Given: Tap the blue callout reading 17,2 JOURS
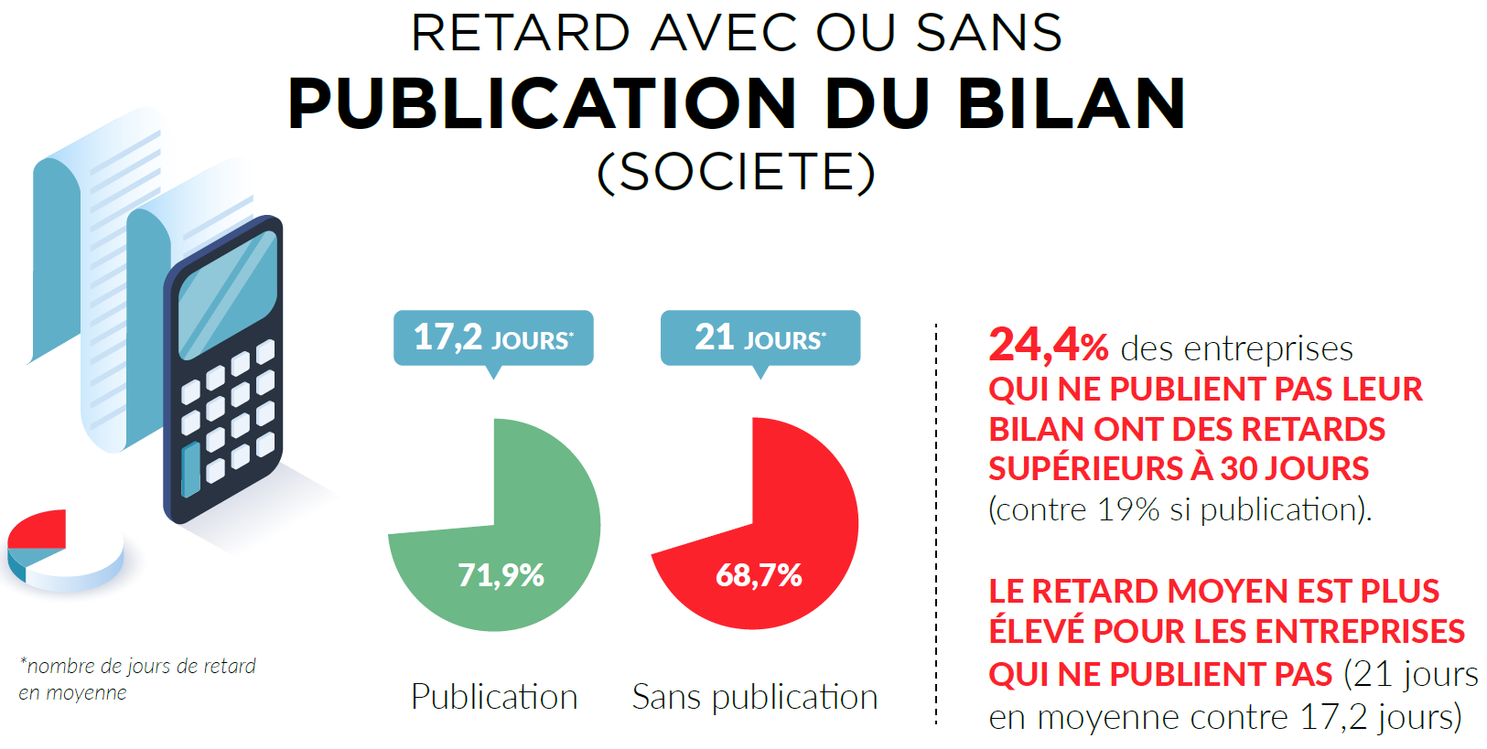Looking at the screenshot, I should [x=493, y=337].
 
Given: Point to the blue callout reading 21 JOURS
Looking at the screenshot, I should [x=760, y=337].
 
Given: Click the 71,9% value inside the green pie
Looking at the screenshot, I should [x=501, y=575].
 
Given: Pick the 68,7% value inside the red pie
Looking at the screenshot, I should [x=759, y=575].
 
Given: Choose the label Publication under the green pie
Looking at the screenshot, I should [x=494, y=697].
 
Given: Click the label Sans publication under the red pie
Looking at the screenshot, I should [x=755, y=697].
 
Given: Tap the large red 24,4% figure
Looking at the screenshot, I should [x=1048, y=346].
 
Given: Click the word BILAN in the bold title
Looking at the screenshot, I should [x=1072, y=103].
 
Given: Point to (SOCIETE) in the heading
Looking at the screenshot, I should [x=737, y=172].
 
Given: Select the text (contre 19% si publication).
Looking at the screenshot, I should [x=1180, y=509].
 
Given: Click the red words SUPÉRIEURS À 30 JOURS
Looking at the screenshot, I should [x=1179, y=469].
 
